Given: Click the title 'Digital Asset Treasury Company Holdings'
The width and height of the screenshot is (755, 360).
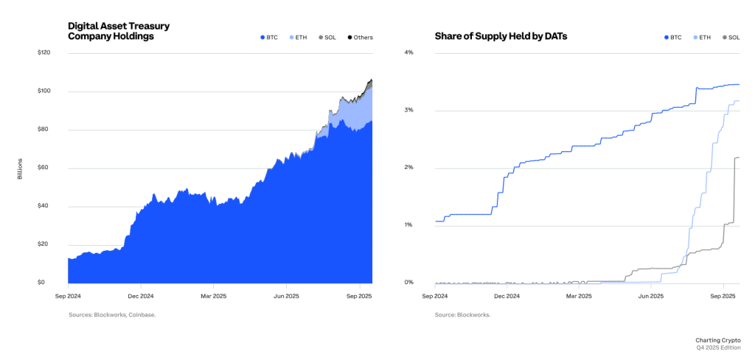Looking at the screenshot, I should (119, 31).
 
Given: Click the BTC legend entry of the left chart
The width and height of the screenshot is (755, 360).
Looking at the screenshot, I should (270, 37).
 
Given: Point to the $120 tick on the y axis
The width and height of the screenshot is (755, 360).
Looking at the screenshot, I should (44, 53).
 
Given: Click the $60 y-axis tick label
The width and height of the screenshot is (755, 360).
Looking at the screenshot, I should (44, 168).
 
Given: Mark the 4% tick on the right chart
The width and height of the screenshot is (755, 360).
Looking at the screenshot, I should (408, 53).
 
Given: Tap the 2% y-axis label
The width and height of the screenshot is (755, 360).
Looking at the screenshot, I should (408, 167).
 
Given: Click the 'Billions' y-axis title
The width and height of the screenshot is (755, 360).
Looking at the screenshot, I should (21, 168).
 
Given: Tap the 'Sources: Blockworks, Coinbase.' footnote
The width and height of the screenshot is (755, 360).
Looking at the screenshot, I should (112, 315).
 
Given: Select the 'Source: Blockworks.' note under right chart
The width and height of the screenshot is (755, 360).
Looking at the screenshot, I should (462, 315).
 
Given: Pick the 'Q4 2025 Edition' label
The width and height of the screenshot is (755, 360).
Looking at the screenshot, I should (719, 347).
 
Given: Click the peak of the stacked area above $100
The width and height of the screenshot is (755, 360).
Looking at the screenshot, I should (372, 79).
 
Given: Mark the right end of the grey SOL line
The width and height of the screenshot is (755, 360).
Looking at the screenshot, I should (739, 157).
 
